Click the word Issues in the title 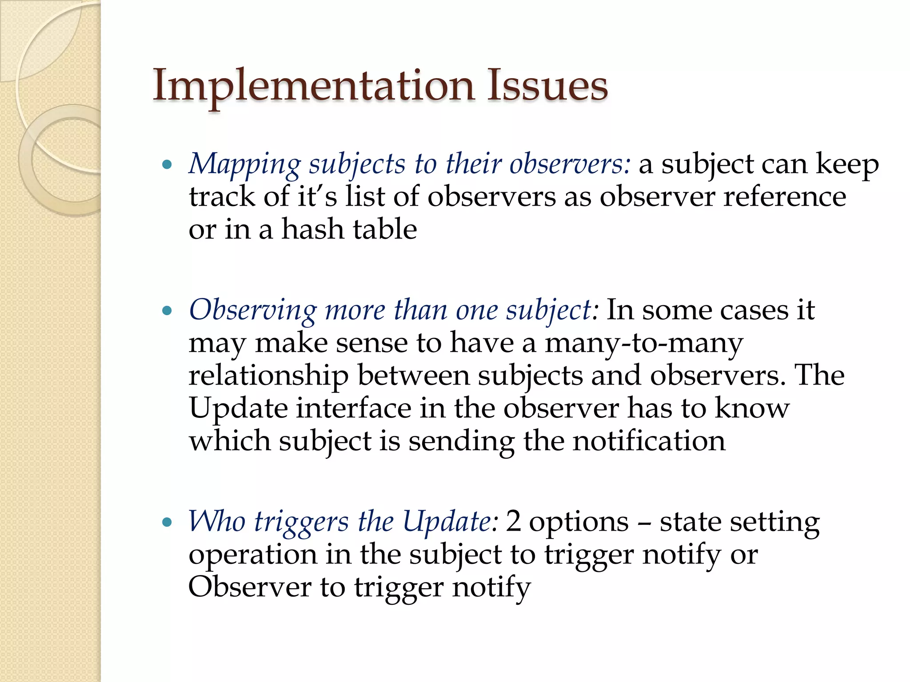coord(547,86)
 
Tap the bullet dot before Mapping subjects coord(167,165)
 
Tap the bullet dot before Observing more coord(167,311)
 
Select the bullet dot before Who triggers coord(167,522)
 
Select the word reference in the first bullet coord(785,197)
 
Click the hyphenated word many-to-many coord(644,343)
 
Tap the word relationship coord(268,376)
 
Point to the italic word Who coord(217,521)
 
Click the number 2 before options coord(513,521)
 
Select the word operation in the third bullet coord(252,555)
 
